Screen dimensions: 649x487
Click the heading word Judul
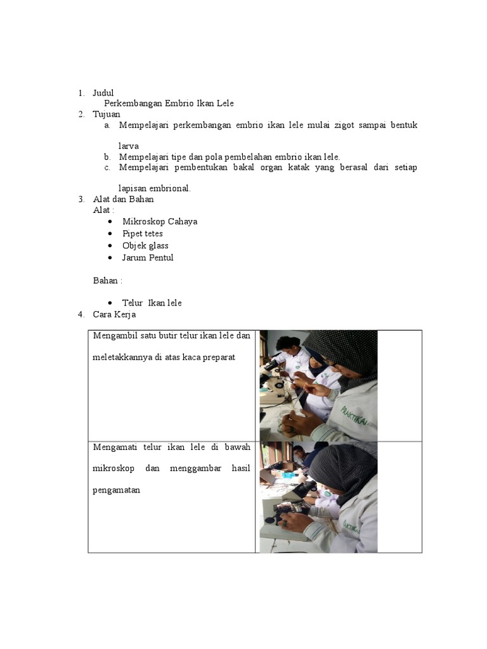103,93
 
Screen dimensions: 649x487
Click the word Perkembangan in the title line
133,104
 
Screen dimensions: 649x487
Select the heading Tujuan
106,114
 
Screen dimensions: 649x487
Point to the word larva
129,146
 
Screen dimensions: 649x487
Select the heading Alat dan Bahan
123,199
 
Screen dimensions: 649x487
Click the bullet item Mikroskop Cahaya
160,221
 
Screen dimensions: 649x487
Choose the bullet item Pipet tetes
143,233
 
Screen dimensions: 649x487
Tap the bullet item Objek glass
145,245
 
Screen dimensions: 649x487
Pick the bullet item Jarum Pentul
148,257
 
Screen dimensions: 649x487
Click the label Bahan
107,280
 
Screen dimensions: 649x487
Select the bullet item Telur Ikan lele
152,303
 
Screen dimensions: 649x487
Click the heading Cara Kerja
114,314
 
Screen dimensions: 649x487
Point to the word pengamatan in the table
116,490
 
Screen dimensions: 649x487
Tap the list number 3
81,199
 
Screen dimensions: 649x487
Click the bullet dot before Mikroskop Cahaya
110,221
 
